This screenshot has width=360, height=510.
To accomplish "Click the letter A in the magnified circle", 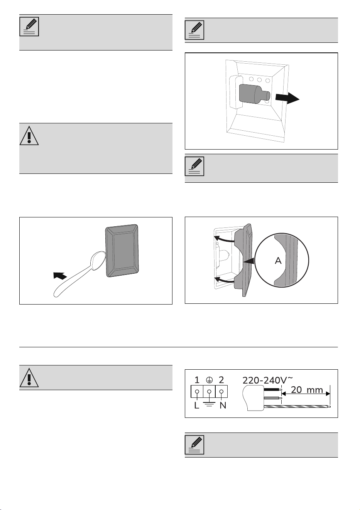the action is point(278,261).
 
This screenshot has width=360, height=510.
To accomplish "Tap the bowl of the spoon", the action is point(98,261).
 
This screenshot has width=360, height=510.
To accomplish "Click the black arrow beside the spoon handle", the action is point(60,276).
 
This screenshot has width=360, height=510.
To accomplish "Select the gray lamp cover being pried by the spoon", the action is point(122,251).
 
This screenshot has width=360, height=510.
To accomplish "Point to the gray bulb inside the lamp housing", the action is point(255,94).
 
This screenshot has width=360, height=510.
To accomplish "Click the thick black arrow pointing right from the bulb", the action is point(287,98).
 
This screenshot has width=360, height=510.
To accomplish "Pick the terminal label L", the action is point(197,412).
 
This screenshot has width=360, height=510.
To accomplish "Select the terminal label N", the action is point(223,412).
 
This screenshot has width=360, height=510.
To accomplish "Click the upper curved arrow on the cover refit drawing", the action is point(224,239).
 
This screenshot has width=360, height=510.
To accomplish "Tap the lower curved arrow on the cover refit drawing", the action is point(224,279).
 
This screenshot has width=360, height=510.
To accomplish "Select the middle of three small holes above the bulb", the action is point(259,80).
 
